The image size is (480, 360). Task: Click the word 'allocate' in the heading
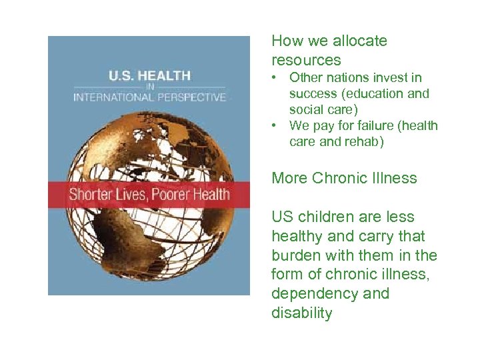pos(359,41)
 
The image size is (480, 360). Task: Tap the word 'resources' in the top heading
pos(306,59)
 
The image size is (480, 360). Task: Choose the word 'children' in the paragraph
pos(329,217)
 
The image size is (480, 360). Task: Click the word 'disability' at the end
pos(301,313)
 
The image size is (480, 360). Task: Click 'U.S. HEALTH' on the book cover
pos(149,75)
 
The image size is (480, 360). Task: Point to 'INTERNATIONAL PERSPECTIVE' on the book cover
pos(149,97)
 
